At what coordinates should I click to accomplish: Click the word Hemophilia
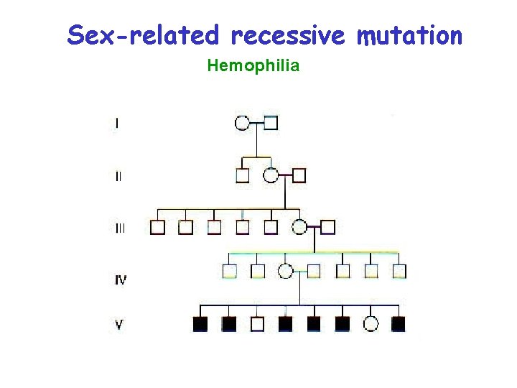pos(253,67)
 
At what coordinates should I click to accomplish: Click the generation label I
pos(118,123)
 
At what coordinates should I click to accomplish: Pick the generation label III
pos(120,228)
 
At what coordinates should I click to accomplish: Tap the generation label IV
pos(120,280)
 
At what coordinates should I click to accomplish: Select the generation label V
pos(119,325)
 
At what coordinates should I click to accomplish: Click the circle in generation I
pos(243,122)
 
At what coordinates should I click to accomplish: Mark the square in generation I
pos(271,122)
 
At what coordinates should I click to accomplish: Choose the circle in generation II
pos(271,175)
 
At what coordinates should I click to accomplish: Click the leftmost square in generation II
pos(243,175)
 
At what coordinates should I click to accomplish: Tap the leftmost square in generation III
pos(157,228)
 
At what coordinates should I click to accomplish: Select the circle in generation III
pos(299,228)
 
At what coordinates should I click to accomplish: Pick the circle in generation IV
pos(286,271)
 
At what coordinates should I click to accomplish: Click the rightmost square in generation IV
pos(399,271)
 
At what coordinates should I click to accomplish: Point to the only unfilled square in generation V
pos(257,324)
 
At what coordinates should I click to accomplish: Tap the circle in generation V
pos(371,324)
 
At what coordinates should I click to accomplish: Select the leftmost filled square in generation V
pos(200,324)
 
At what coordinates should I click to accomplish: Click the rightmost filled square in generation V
pos(399,324)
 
